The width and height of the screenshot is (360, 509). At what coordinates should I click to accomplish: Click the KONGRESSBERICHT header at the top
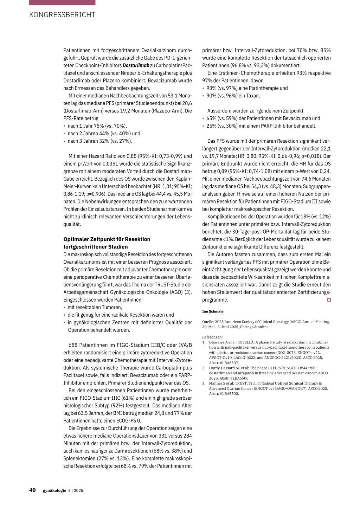pyautogui.click(x=62, y=15)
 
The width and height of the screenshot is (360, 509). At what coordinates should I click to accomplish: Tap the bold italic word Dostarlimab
pyautogui.click(x=136, y=65)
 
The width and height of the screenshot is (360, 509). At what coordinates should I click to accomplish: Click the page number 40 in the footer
pyautogui.click(x=32, y=490)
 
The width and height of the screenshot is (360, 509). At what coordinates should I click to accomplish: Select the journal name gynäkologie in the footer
pyautogui.click(x=54, y=490)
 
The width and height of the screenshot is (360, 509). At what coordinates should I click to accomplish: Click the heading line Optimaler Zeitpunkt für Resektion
pyautogui.click(x=107, y=239)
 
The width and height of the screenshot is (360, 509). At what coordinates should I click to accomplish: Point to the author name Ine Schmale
pyautogui.click(x=213, y=311)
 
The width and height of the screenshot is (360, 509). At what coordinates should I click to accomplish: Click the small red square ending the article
pyautogui.click(x=329, y=300)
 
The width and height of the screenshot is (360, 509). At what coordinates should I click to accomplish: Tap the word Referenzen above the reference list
pyautogui.click(x=212, y=337)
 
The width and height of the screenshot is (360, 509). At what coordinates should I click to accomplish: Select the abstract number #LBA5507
pyautogui.click(x=229, y=363)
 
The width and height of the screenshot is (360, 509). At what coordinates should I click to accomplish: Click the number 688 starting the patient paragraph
pyautogui.click(x=73, y=345)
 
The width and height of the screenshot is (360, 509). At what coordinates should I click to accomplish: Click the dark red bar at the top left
pyautogui.click(x=62, y=2)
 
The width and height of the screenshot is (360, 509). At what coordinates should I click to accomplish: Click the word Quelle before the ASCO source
pyautogui.click(x=208, y=322)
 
